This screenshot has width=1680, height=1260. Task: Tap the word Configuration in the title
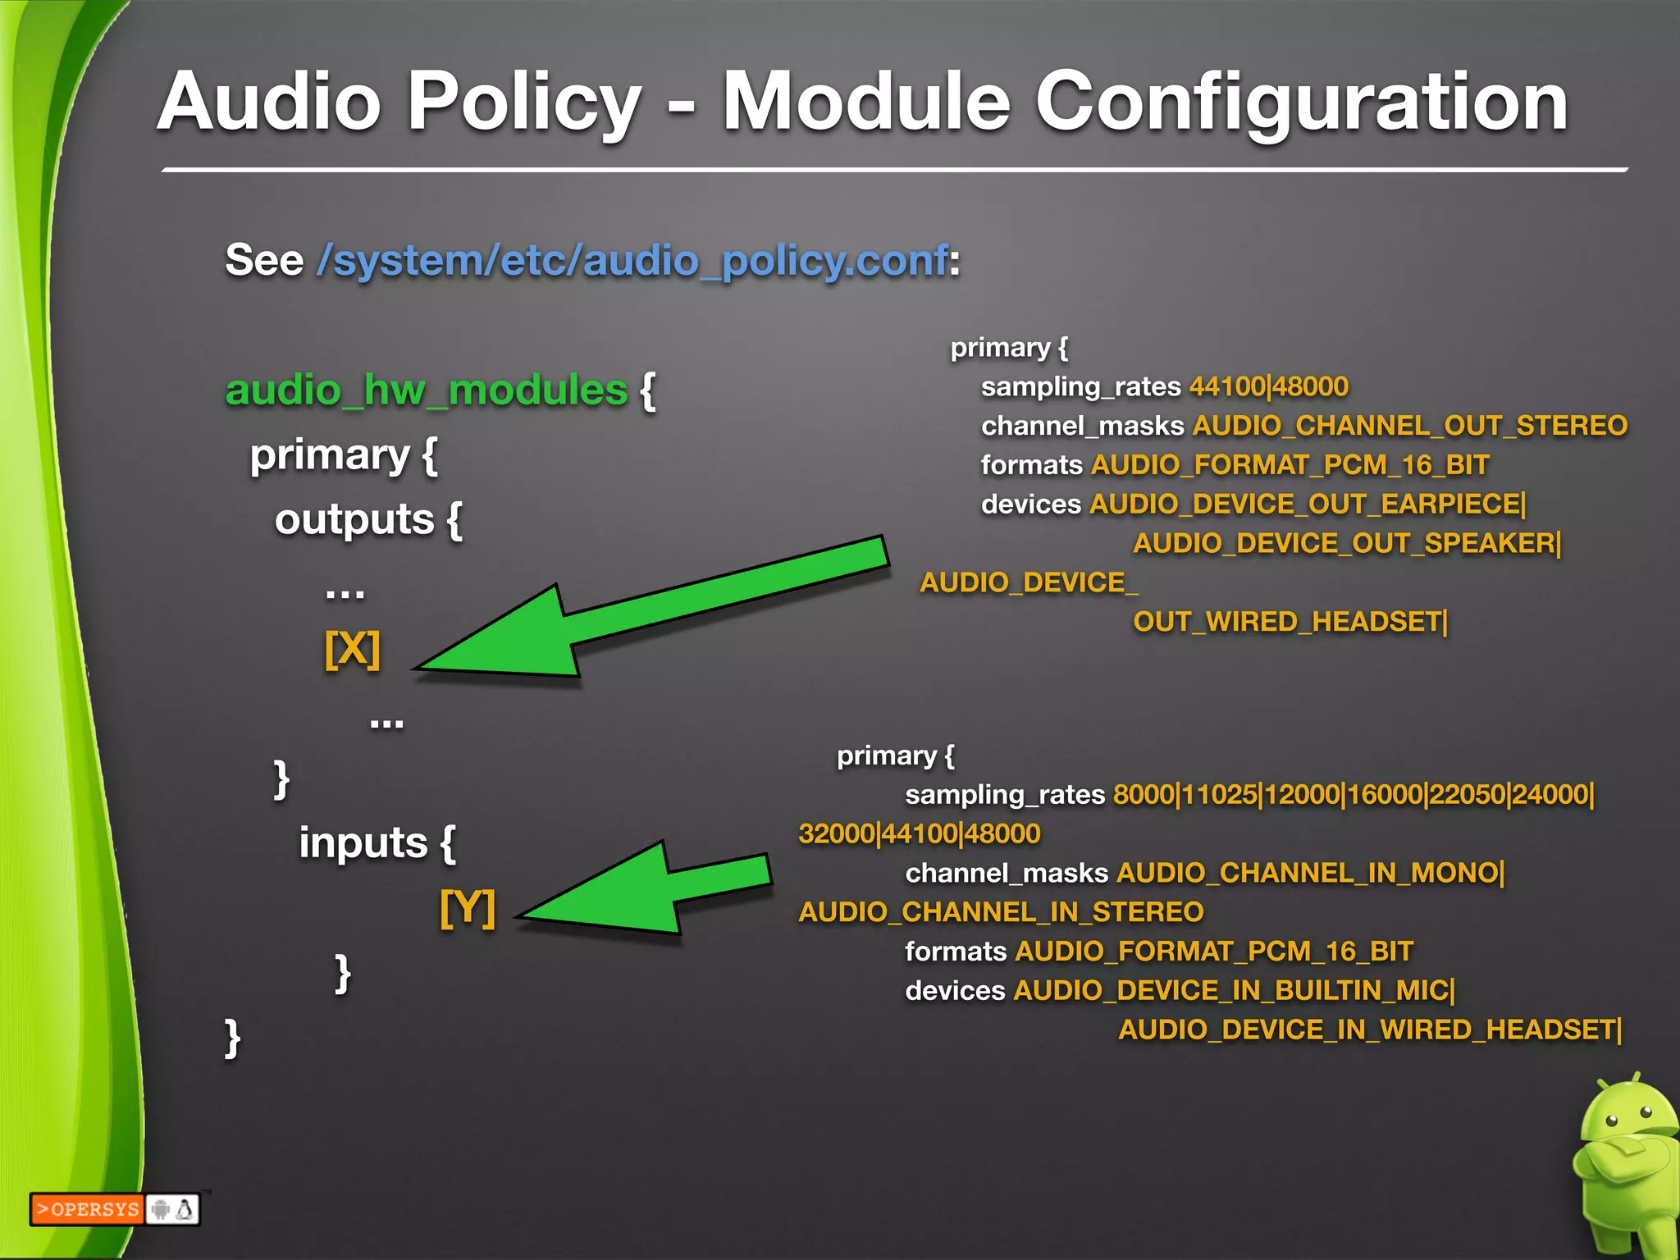coord(1302,103)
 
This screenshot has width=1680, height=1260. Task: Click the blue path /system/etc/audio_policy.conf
coord(632,261)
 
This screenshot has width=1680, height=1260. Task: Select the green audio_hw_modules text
coord(427,390)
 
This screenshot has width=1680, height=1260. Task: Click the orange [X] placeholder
coord(353,650)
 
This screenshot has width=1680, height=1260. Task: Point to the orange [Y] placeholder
coord(468,908)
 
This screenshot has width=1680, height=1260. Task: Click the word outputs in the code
coord(354,519)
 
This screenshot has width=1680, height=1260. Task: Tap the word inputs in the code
coord(363,843)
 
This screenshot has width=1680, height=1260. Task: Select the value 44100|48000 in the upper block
coord(1268,386)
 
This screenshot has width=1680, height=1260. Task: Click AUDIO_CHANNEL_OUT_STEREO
coord(1409,426)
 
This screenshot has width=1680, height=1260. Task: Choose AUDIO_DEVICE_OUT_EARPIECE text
coord(1306,504)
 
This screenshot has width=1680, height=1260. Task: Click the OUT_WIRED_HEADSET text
coord(1290,622)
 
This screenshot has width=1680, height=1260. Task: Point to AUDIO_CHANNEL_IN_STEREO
coord(1001,912)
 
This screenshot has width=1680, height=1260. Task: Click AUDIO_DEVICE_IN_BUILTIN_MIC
coord(1233,991)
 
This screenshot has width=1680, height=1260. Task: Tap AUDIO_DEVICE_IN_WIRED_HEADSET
coord(1368,1029)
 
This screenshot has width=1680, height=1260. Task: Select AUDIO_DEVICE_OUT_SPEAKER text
coord(1345,543)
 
